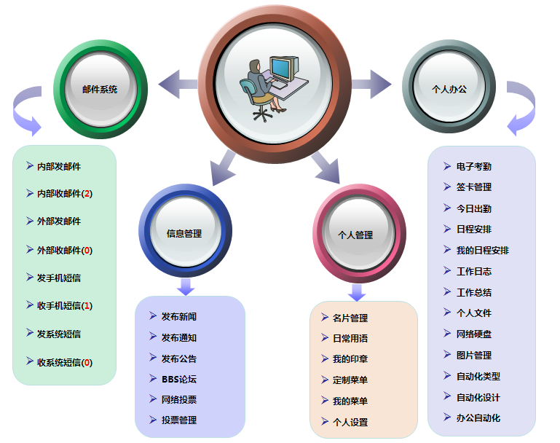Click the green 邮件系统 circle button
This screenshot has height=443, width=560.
[100, 89]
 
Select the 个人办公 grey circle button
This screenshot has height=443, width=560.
[449, 89]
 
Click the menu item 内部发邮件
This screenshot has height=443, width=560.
[59, 166]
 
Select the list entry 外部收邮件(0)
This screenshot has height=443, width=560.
[65, 250]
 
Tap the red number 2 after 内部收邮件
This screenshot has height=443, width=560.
[87, 194]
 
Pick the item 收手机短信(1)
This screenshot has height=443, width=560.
[65, 305]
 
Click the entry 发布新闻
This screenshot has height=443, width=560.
[179, 316]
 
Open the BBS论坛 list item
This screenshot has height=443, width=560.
[179, 379]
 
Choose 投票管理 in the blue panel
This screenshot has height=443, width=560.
[179, 420]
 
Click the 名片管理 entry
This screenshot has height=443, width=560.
[350, 318]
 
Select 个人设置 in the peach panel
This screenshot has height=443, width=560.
[350, 422]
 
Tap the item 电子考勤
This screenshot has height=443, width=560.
[474, 166]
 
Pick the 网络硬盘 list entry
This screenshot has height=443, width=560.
[474, 334]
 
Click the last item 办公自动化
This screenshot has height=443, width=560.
[478, 417]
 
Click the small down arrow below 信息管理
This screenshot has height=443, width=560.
[186, 286]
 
